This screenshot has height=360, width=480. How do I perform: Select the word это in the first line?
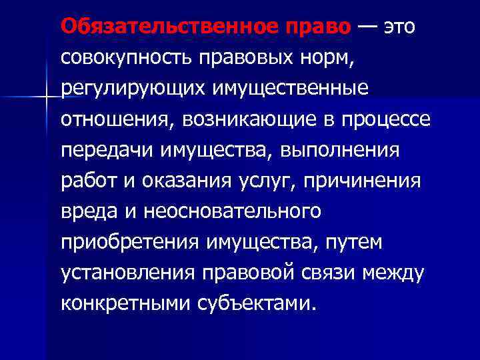coord(404,27)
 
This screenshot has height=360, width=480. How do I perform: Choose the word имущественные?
coord(293,88)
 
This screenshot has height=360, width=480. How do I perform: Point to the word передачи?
coord(105,150)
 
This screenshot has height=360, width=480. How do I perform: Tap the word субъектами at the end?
coord(255,303)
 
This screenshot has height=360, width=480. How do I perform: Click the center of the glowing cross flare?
coord(46,98)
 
